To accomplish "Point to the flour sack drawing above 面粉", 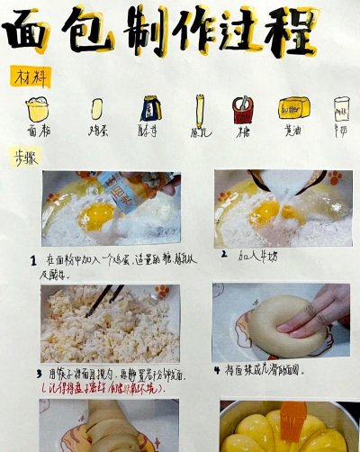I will (38, 109).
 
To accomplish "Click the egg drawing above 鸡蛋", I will (96, 109).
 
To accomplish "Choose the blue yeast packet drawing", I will (148, 109).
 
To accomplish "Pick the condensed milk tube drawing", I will (199, 111).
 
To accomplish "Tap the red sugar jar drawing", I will (242, 110).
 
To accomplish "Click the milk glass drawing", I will (341, 110).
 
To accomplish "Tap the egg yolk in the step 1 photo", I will (98, 215).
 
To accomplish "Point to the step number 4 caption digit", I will (217, 370).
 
